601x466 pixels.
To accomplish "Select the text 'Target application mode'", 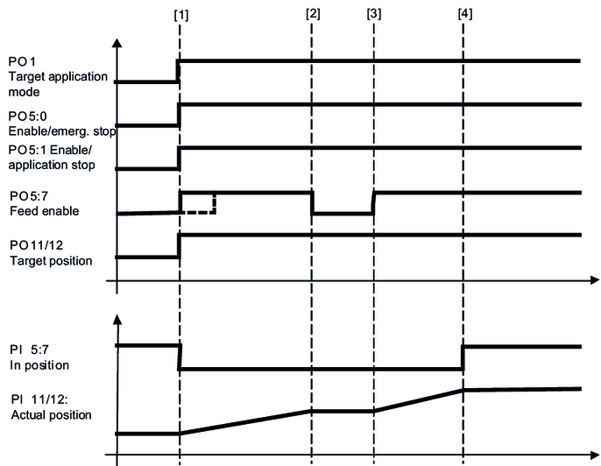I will click(58, 83).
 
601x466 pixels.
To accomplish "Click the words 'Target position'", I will click(50, 260).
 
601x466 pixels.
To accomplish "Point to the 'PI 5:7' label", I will click(29, 349).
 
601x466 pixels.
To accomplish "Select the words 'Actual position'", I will click(50, 414).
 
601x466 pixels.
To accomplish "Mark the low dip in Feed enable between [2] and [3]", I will click(343, 213).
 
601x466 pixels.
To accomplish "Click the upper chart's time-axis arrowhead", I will click(593, 281).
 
